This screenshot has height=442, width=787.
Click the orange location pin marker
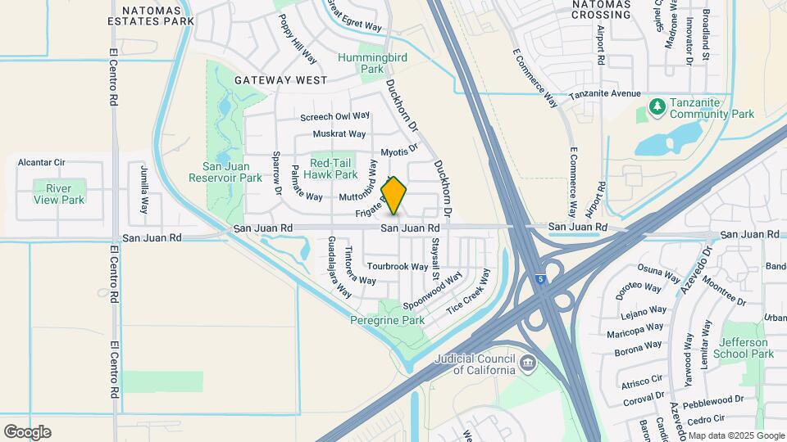pos(394,196)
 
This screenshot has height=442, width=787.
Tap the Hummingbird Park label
pos(361,63)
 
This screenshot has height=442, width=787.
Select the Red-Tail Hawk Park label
pos(330,168)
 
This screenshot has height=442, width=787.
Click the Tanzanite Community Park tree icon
pos(657,106)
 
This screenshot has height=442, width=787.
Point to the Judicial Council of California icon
pos(528,361)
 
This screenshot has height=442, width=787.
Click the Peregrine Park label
pos(387,320)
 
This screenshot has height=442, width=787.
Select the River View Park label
pos(59,193)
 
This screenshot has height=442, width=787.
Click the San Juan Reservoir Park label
pos(225,171)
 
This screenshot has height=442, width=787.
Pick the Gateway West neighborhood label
pos(280,80)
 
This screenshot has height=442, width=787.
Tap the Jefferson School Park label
pos(744,348)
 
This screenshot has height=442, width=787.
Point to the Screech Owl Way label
pos(335,117)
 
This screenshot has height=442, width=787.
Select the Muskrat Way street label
pos(344,133)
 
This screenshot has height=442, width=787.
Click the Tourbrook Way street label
pos(397,267)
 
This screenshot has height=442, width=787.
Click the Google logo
pos(27,432)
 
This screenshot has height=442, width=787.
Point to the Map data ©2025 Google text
pos(736,435)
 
